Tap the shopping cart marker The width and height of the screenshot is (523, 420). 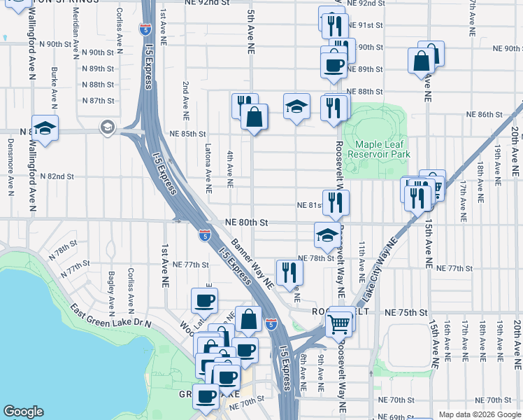[x=338, y=323]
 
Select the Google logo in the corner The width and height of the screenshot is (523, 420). [x=23, y=412]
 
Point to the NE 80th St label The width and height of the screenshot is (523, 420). [x=247, y=222]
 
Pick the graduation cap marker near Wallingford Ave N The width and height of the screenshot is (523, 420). [x=45, y=128]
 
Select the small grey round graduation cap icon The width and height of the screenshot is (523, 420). [x=107, y=127]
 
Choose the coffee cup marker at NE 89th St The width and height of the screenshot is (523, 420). [x=334, y=65]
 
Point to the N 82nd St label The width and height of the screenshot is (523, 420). [x=57, y=176]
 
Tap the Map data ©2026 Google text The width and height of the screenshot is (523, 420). [x=480, y=414]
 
